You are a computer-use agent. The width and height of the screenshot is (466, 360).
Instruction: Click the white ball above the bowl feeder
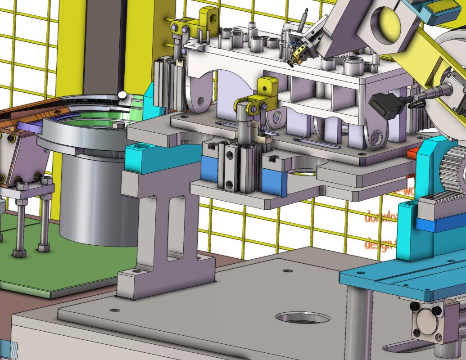click(x=122, y=95)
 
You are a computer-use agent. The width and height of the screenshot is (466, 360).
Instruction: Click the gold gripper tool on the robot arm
click(x=298, y=55)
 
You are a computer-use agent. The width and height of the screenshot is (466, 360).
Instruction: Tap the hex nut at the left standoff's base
click(x=19, y=252)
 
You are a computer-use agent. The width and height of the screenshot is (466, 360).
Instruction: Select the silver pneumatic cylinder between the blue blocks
click(x=234, y=166)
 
